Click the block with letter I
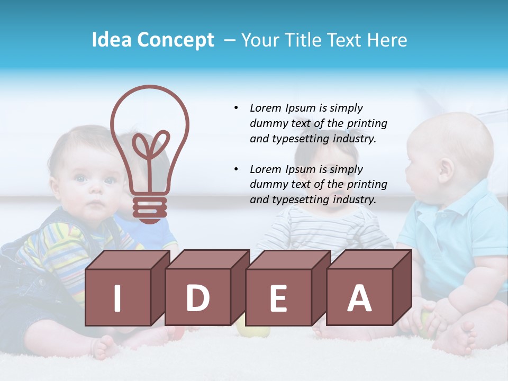click(x=118, y=297)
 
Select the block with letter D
click(x=198, y=297)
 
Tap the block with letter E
click(x=278, y=297)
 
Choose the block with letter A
click(x=359, y=297)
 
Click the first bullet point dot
click(x=236, y=108)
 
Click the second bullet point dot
click(x=236, y=169)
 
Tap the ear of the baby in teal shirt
click(x=446, y=169)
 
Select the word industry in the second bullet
click(x=354, y=200)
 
